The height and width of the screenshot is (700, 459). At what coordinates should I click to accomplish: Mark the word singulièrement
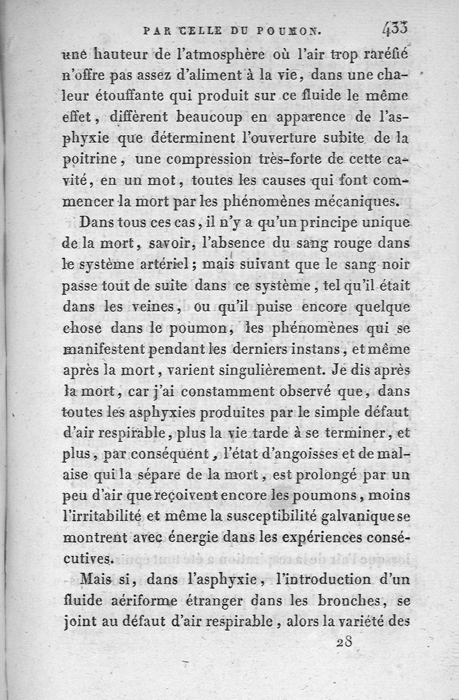[x=248, y=370]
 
